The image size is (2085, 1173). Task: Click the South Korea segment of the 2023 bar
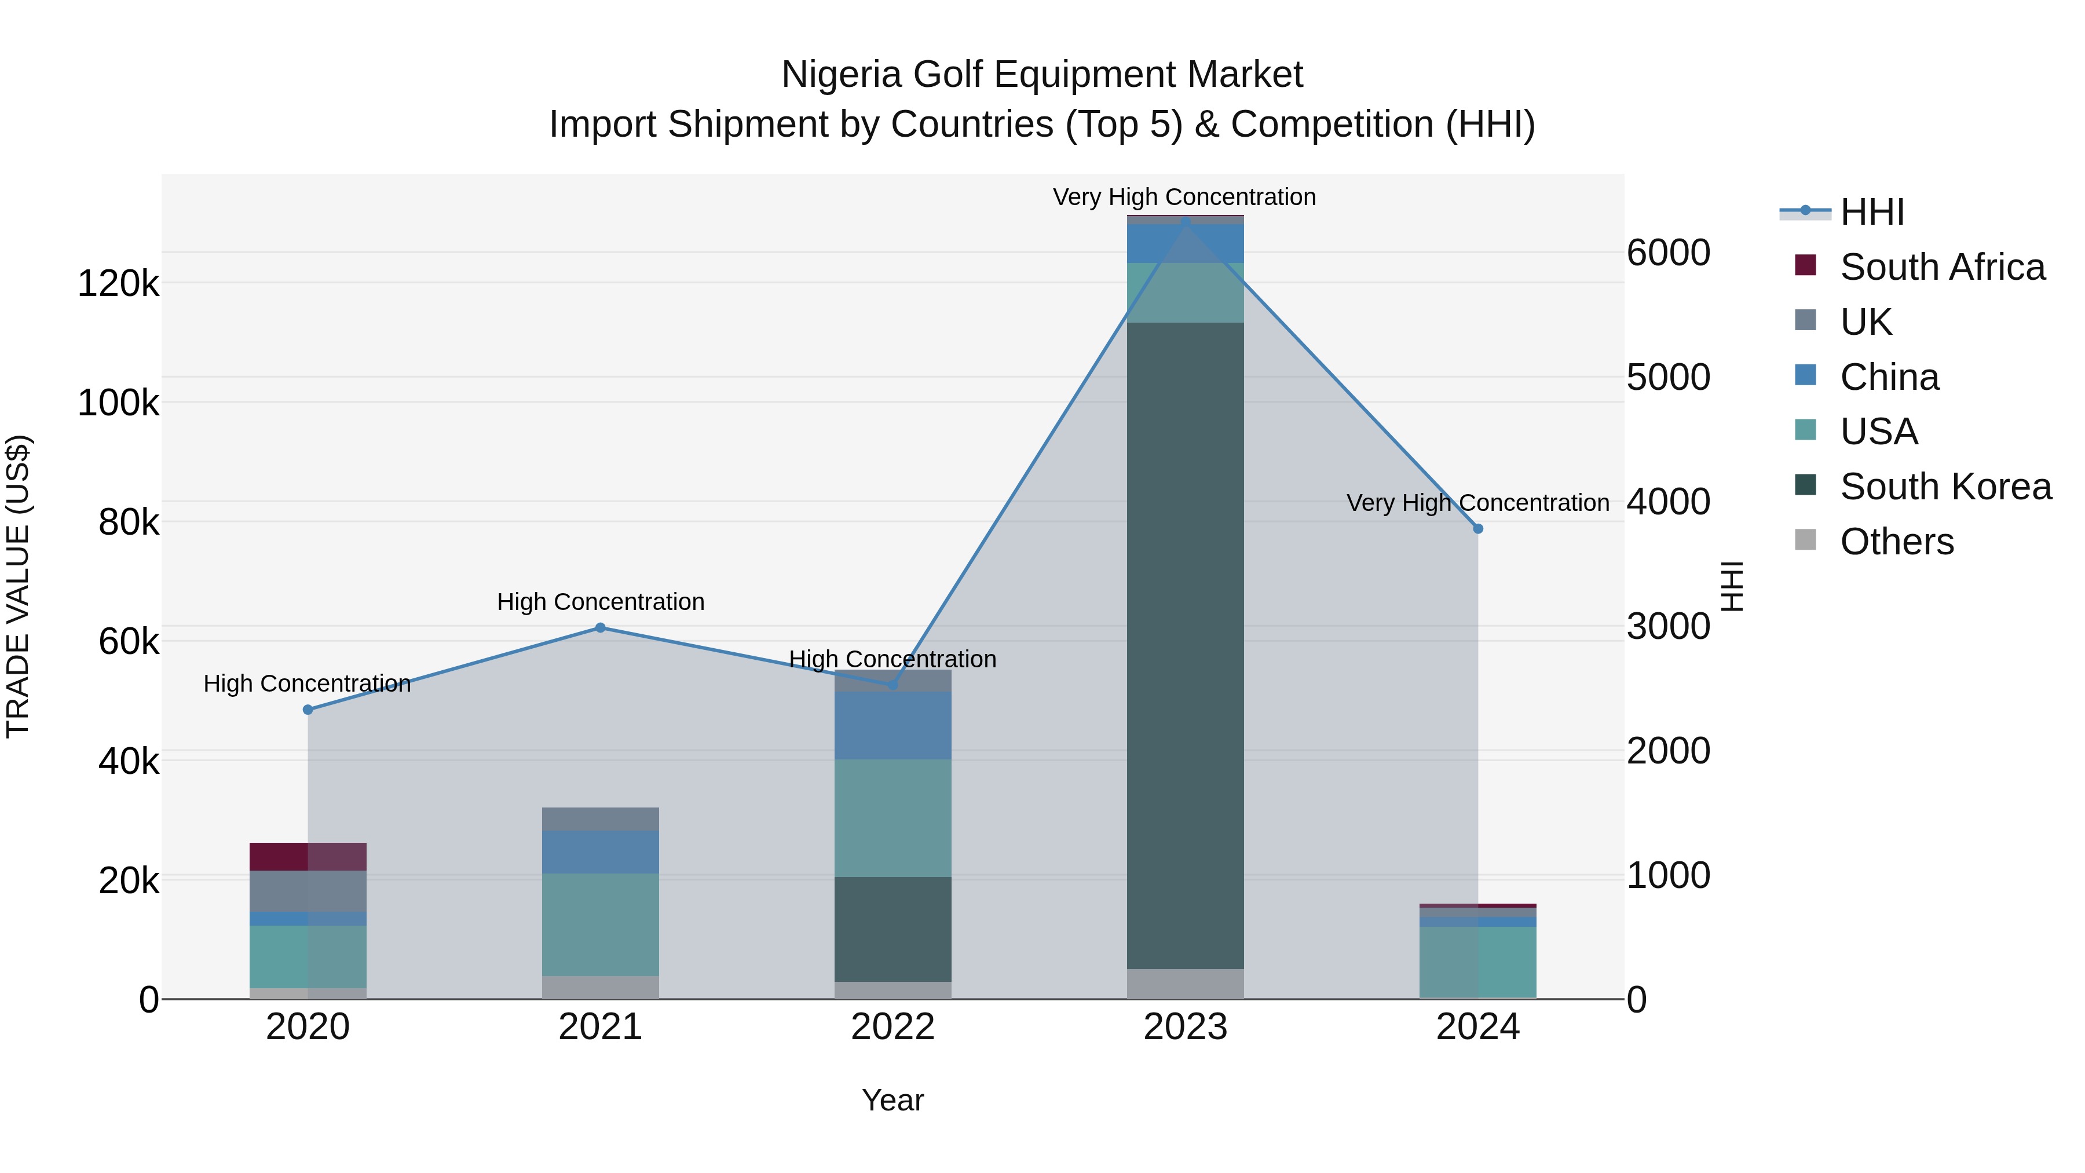(x=1185, y=645)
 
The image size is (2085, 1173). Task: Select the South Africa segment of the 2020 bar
(x=308, y=857)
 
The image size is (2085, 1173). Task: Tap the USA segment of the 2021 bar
(x=600, y=924)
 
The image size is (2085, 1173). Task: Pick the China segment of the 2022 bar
(x=892, y=725)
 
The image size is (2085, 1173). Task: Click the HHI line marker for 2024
(x=1478, y=529)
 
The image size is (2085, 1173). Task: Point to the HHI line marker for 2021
(x=600, y=627)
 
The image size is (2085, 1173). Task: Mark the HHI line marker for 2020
(x=308, y=710)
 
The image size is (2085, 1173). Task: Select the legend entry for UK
(x=1865, y=322)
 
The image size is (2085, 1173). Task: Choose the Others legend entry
(x=1896, y=542)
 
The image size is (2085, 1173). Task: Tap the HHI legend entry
(x=1871, y=212)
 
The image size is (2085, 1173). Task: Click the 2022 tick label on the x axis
(x=892, y=1027)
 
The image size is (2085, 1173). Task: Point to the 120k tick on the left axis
(x=118, y=284)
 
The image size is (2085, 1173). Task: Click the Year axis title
(x=892, y=1100)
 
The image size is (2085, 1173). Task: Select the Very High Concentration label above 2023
(x=1184, y=197)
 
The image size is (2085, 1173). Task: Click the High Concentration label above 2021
(x=601, y=601)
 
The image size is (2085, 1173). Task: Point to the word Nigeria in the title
(x=842, y=75)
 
